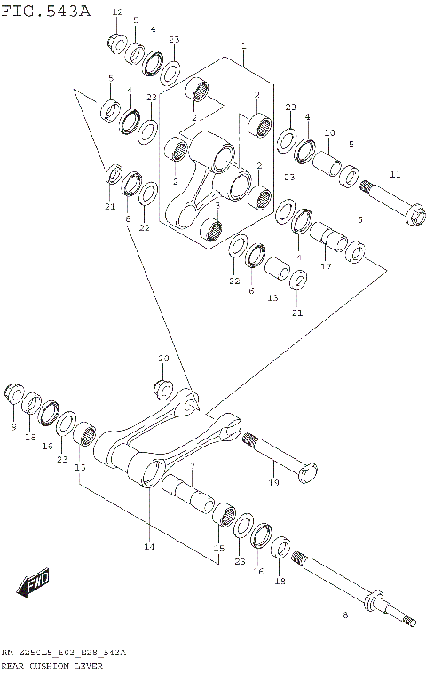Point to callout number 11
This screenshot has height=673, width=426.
(x=395, y=174)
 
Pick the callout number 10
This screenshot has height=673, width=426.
(x=329, y=133)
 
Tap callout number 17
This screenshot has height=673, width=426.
(x=326, y=265)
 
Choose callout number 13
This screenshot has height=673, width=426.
(x=273, y=298)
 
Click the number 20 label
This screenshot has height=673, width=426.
(x=162, y=358)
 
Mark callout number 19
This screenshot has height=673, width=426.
(x=273, y=482)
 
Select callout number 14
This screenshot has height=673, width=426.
(x=149, y=546)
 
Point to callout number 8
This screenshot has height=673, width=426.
(x=345, y=614)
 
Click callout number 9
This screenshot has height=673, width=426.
(x=13, y=427)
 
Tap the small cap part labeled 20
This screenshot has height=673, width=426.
(x=163, y=388)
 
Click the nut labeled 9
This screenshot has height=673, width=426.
(x=14, y=393)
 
